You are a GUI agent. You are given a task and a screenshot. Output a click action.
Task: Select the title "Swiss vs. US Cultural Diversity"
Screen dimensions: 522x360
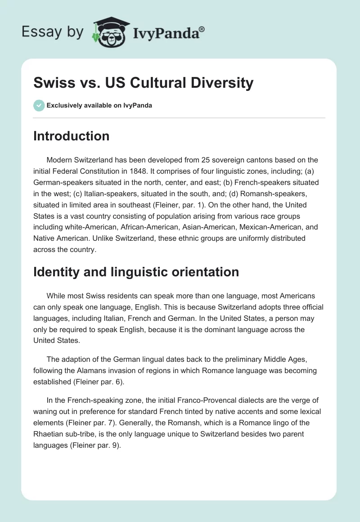[144, 83]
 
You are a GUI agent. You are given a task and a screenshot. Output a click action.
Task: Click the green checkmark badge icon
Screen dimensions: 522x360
[39, 105]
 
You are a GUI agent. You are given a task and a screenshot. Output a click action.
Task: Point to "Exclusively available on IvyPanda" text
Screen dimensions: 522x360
[99, 105]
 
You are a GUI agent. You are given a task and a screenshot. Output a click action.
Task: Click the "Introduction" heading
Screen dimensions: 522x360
[71, 136]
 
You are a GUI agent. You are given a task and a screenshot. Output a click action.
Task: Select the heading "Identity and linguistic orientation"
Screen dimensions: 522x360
[136, 272]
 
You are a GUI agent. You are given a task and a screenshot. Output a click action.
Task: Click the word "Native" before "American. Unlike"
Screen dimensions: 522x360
[44, 238]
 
